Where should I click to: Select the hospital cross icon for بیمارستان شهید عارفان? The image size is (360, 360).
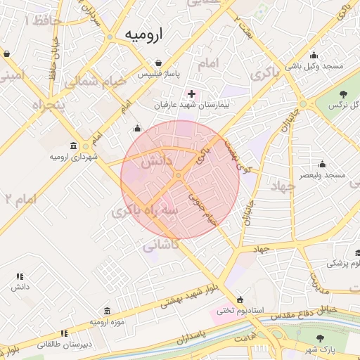(191, 94)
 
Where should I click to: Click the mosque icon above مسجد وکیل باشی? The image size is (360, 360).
(313, 55)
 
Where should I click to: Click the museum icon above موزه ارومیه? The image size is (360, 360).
(106, 311)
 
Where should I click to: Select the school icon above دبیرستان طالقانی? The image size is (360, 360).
(64, 333)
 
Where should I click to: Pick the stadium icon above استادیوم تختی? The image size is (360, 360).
(241, 299)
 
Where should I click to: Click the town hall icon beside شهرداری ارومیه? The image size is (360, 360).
(84, 146)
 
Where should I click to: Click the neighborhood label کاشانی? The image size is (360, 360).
(161, 246)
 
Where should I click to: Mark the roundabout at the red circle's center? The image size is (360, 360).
(179, 174)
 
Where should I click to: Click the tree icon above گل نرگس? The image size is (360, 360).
(343, 94)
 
